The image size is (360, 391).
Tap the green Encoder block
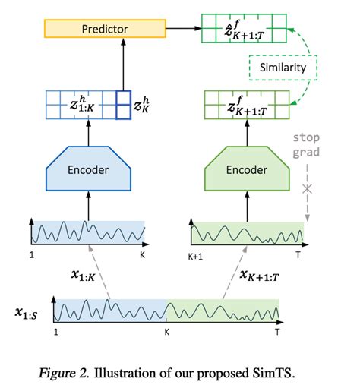tap(247, 169)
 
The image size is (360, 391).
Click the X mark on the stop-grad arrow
tap(306, 188)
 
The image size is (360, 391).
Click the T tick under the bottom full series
tap(279, 333)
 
